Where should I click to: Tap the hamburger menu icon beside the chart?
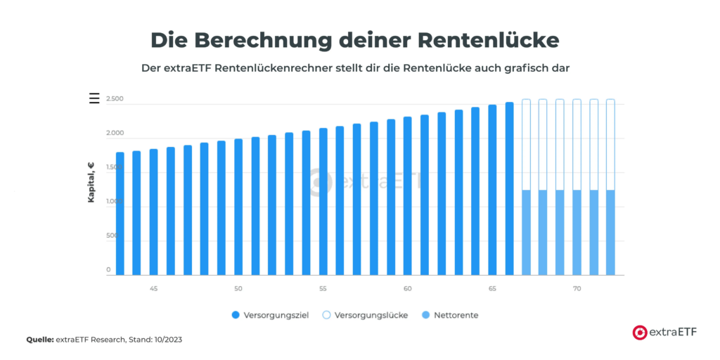(94, 98)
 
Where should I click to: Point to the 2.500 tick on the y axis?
(115, 99)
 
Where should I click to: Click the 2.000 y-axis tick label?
(115, 134)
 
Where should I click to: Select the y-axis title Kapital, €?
(91, 182)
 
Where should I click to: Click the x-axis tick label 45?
(154, 289)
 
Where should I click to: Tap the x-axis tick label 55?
(323, 289)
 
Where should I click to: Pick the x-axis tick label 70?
(577, 289)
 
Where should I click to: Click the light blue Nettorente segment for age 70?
(577, 232)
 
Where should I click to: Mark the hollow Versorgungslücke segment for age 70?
(577, 144)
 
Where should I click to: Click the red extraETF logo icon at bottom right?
(640, 333)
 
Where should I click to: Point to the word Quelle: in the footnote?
(41, 340)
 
